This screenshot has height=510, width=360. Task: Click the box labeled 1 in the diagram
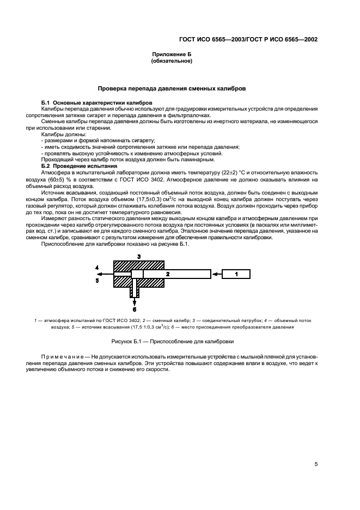[x=236, y=274]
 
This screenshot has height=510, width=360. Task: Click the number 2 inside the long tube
[x=168, y=274]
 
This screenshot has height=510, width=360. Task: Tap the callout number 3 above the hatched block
[x=139, y=256]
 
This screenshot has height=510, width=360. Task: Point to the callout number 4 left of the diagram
[x=96, y=268]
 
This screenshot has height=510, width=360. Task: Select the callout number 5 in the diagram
[x=96, y=281]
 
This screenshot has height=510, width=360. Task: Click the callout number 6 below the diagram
[x=134, y=308]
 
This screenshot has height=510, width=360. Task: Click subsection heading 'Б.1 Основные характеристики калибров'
[x=96, y=103]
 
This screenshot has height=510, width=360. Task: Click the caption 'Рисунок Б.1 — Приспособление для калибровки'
[x=172, y=342]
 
